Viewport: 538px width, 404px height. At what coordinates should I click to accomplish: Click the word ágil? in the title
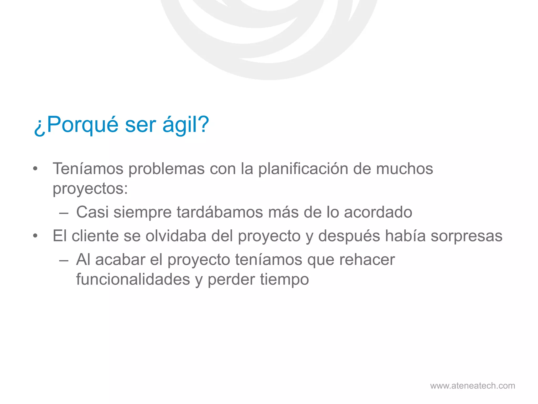pos(185,125)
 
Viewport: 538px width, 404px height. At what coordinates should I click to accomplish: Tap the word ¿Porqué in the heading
pos(76,125)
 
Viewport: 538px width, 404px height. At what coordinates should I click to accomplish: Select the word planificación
pos(303,169)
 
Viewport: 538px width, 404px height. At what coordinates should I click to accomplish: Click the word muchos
pos(405,169)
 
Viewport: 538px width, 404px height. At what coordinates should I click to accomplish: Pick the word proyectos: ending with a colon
pos(90,189)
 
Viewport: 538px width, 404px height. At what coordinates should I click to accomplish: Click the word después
pos(349,236)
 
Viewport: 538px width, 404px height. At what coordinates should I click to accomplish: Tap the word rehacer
pos(367,260)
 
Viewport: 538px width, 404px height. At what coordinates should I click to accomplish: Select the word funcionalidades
pos(133,279)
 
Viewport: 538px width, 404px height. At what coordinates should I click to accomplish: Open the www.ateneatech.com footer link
pos(473,386)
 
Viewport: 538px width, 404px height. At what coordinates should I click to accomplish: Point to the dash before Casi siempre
pos(64,213)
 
